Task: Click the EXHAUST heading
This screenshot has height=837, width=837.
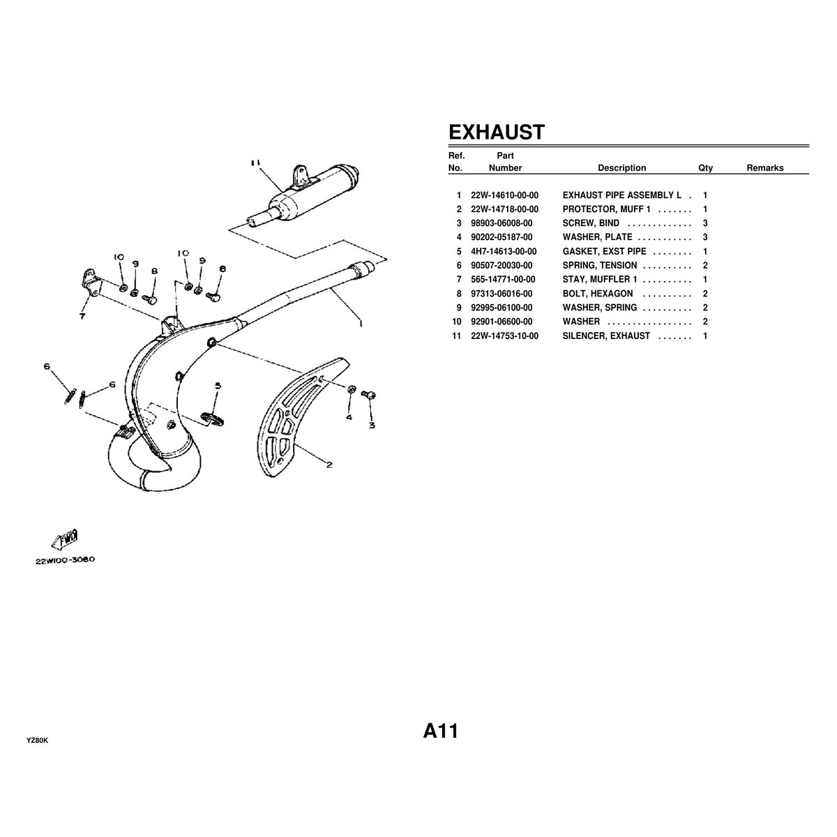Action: click(495, 132)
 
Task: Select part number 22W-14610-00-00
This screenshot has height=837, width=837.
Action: click(504, 195)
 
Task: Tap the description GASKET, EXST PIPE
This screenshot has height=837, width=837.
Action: click(604, 251)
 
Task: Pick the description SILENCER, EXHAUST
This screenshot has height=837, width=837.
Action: click(606, 335)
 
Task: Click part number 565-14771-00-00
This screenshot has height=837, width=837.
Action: click(503, 279)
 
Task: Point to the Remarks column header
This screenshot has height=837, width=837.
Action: click(764, 167)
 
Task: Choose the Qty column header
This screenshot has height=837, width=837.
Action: click(705, 167)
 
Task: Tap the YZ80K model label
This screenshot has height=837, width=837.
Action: click(38, 739)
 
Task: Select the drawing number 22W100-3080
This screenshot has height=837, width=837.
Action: click(66, 560)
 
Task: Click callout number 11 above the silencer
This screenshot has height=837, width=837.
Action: click(255, 163)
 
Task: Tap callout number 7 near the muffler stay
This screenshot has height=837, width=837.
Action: click(82, 315)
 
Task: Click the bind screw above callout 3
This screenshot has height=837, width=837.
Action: click(370, 395)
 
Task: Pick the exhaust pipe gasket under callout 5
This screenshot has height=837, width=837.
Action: click(214, 417)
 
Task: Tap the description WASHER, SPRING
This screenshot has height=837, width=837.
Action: click(599, 308)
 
